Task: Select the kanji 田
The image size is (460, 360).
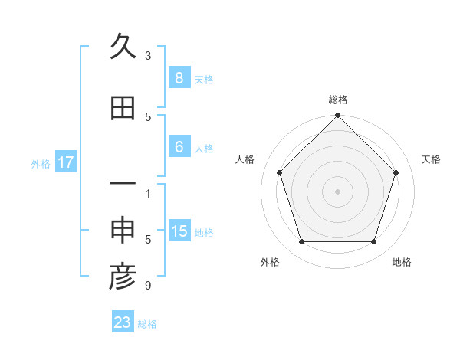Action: (x=123, y=108)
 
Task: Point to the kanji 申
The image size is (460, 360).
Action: (x=123, y=231)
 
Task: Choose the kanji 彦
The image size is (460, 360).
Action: (x=123, y=277)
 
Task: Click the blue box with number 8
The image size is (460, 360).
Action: (x=179, y=77)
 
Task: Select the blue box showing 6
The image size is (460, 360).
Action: (x=179, y=146)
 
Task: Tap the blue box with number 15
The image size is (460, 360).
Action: (x=179, y=231)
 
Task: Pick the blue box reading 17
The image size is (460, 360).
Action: (x=66, y=162)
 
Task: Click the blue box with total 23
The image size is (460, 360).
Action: (x=123, y=322)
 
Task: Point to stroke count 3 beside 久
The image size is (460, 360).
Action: (x=148, y=56)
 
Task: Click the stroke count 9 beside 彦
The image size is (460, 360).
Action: (x=148, y=286)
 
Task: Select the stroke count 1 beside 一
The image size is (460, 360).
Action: (x=148, y=193)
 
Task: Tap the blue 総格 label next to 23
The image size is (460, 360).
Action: (x=147, y=324)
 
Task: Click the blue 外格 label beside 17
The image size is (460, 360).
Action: (x=41, y=163)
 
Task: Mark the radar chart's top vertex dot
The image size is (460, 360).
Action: (x=337, y=116)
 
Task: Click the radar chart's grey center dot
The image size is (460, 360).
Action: (x=337, y=191)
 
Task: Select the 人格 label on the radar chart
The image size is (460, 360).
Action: (x=245, y=159)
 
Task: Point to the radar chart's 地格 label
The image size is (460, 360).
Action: (x=402, y=262)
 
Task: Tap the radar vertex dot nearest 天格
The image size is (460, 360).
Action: (x=396, y=172)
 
